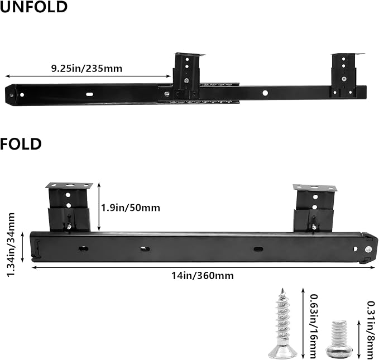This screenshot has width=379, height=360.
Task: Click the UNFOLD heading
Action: click(x=33, y=7)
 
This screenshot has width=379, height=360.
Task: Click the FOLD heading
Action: click(x=21, y=144)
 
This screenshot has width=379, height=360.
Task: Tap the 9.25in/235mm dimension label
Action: click(x=87, y=69)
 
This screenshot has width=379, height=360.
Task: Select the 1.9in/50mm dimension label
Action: click(x=131, y=208)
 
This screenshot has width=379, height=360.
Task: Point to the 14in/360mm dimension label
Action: click(x=203, y=276)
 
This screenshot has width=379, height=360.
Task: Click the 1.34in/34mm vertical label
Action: click(x=11, y=244)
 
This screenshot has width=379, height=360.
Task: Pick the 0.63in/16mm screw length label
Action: click(x=314, y=326)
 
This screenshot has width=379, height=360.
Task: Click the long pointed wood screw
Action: click(x=282, y=323)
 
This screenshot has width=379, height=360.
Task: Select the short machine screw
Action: click(x=339, y=339)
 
